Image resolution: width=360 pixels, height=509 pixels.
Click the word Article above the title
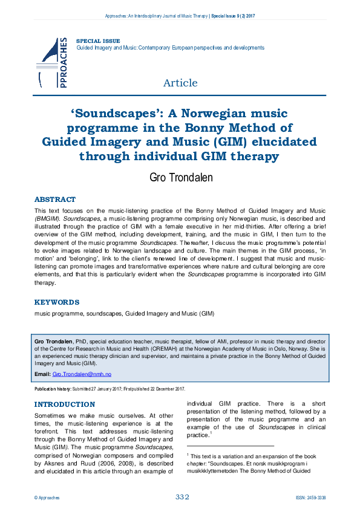[180, 83]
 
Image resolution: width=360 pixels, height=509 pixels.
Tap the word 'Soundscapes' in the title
[128, 113]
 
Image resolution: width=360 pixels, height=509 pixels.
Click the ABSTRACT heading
[55, 199]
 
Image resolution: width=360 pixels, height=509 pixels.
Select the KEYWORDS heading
[57, 302]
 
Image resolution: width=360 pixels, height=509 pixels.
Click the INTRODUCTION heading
[65, 404]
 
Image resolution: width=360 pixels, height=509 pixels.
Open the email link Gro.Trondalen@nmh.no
[82, 375]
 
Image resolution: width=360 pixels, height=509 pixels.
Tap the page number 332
[183, 497]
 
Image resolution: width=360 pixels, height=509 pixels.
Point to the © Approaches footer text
[47, 498]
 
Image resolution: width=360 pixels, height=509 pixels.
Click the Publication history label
[54, 389]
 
